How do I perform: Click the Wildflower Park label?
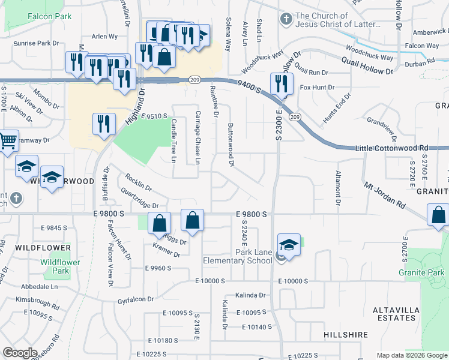[60, 266]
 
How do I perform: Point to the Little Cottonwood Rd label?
[391, 148]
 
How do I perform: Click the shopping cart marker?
[7, 143]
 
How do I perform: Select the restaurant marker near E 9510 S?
[104, 124]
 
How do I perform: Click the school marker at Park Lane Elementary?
[289, 246]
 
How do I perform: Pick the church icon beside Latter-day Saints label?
[286, 20]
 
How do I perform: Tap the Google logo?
[20, 353]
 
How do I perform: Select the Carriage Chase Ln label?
[197, 138]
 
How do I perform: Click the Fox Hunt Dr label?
[317, 88]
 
